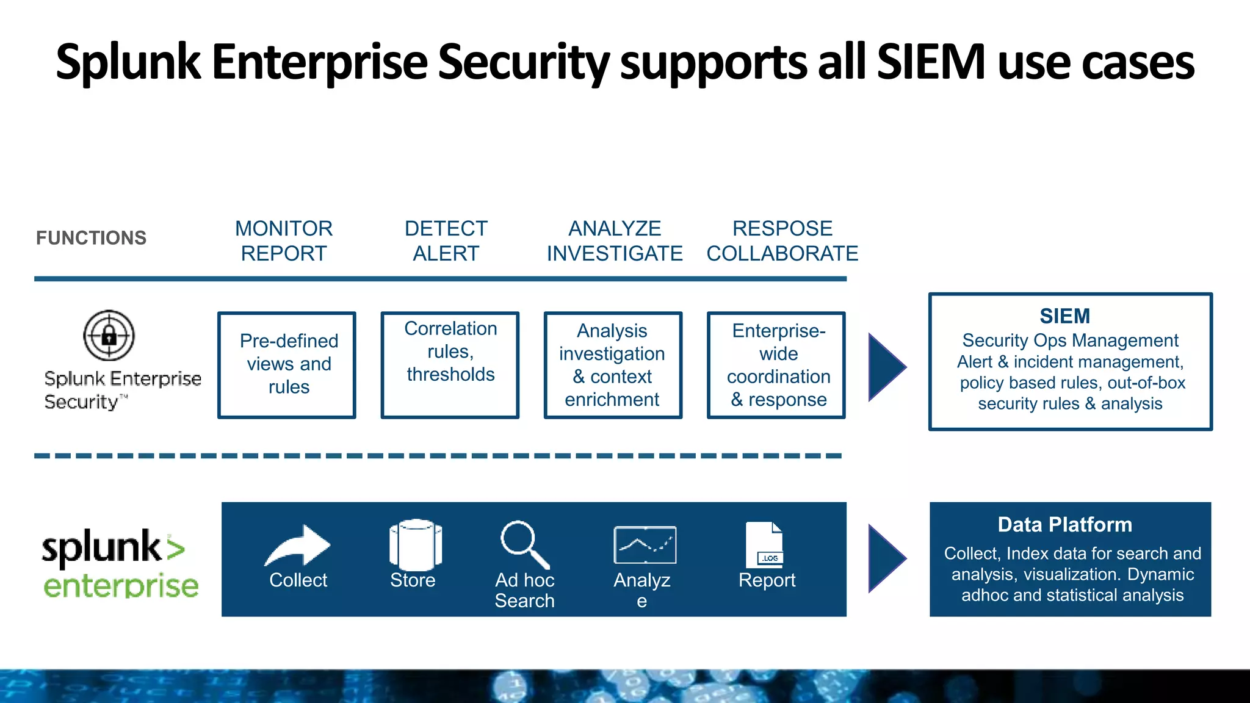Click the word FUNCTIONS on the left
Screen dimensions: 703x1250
[91, 238]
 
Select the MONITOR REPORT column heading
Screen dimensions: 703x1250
[284, 241]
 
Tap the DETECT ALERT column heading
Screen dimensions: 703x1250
[446, 241]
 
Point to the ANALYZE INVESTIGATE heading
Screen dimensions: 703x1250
[615, 241]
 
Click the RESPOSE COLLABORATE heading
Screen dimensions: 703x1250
[782, 241]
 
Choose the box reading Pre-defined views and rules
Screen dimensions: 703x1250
[287, 365]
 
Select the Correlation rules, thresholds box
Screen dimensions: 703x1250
[450, 365]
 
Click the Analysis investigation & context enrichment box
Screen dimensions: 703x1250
[613, 365]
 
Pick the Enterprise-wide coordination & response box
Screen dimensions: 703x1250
[776, 365]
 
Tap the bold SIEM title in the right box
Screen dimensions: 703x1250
[1064, 316]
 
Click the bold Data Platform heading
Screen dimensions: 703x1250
[1064, 525]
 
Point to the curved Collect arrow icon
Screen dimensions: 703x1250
[298, 545]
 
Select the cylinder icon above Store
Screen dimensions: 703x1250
[415, 544]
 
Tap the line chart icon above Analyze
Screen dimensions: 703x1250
[645, 545]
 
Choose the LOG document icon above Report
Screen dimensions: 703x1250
[764, 544]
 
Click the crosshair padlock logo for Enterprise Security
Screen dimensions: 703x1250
[109, 335]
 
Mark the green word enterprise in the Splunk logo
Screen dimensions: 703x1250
[121, 586]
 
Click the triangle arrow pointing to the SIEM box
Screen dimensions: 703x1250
[886, 367]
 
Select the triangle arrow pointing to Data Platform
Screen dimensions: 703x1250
[886, 558]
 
